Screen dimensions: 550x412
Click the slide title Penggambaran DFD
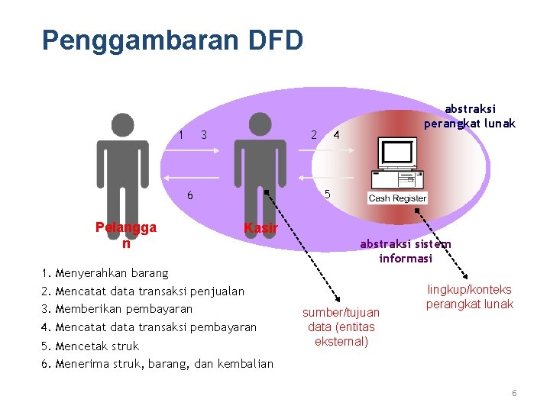(173, 40)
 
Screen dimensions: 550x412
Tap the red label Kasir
(260, 227)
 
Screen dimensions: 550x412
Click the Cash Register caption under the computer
(397, 198)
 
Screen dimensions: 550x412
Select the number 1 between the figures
(180, 135)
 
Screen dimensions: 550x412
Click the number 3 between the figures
(204, 136)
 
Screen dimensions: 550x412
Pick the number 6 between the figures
(190, 195)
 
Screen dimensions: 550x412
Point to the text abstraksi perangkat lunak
(470, 116)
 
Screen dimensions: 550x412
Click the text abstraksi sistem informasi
(405, 251)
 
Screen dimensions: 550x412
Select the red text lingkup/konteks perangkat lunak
(470, 297)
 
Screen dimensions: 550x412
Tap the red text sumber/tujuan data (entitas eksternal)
(341, 327)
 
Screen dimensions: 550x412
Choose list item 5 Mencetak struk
(91, 346)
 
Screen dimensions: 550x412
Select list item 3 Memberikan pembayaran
(118, 309)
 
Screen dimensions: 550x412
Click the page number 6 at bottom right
(514, 393)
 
